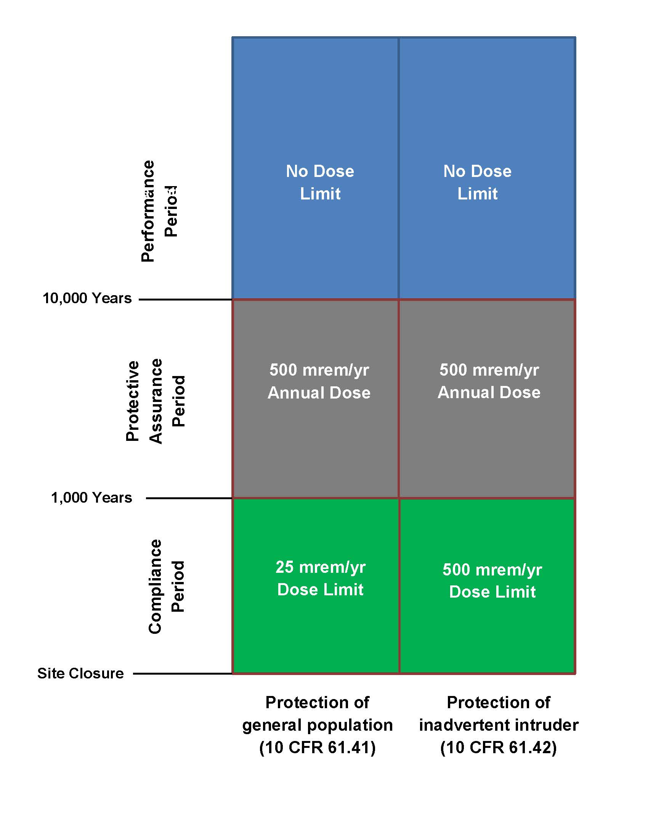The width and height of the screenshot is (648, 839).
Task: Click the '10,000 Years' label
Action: pyautogui.click(x=87, y=298)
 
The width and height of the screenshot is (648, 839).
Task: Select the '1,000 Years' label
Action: pyautogui.click(x=91, y=497)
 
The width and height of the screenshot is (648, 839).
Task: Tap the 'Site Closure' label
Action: pyautogui.click(x=80, y=673)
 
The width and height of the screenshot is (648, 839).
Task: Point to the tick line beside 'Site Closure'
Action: pyautogui.click(x=182, y=673)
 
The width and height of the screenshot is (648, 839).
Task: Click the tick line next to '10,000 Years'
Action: pyautogui.click(x=185, y=299)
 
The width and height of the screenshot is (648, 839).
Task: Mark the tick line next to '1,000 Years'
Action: pyautogui.click(x=189, y=498)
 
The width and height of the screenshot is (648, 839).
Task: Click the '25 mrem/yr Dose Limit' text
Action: pyautogui.click(x=320, y=578)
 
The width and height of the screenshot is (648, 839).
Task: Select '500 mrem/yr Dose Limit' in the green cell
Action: pyautogui.click(x=492, y=580)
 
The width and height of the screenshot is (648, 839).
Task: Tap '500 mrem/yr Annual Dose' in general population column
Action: pyautogui.click(x=319, y=381)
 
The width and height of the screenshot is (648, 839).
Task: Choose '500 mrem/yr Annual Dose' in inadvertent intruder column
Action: pyautogui.click(x=489, y=381)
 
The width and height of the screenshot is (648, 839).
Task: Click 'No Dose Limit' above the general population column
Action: pyautogui.click(x=320, y=182)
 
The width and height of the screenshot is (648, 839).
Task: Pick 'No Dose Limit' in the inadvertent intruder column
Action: pyautogui.click(x=477, y=182)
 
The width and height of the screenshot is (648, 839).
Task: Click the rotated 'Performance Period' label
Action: pyautogui.click(x=159, y=211)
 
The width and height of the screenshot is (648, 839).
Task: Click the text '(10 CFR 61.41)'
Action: pyautogui.click(x=318, y=747)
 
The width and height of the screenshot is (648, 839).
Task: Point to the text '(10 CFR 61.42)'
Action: pyautogui.click(x=498, y=747)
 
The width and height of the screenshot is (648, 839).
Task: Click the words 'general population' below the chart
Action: pyautogui.click(x=318, y=725)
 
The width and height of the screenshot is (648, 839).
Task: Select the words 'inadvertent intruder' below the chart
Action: pyautogui.click(x=498, y=725)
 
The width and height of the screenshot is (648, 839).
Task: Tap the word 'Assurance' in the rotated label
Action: pyautogui.click(x=156, y=401)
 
